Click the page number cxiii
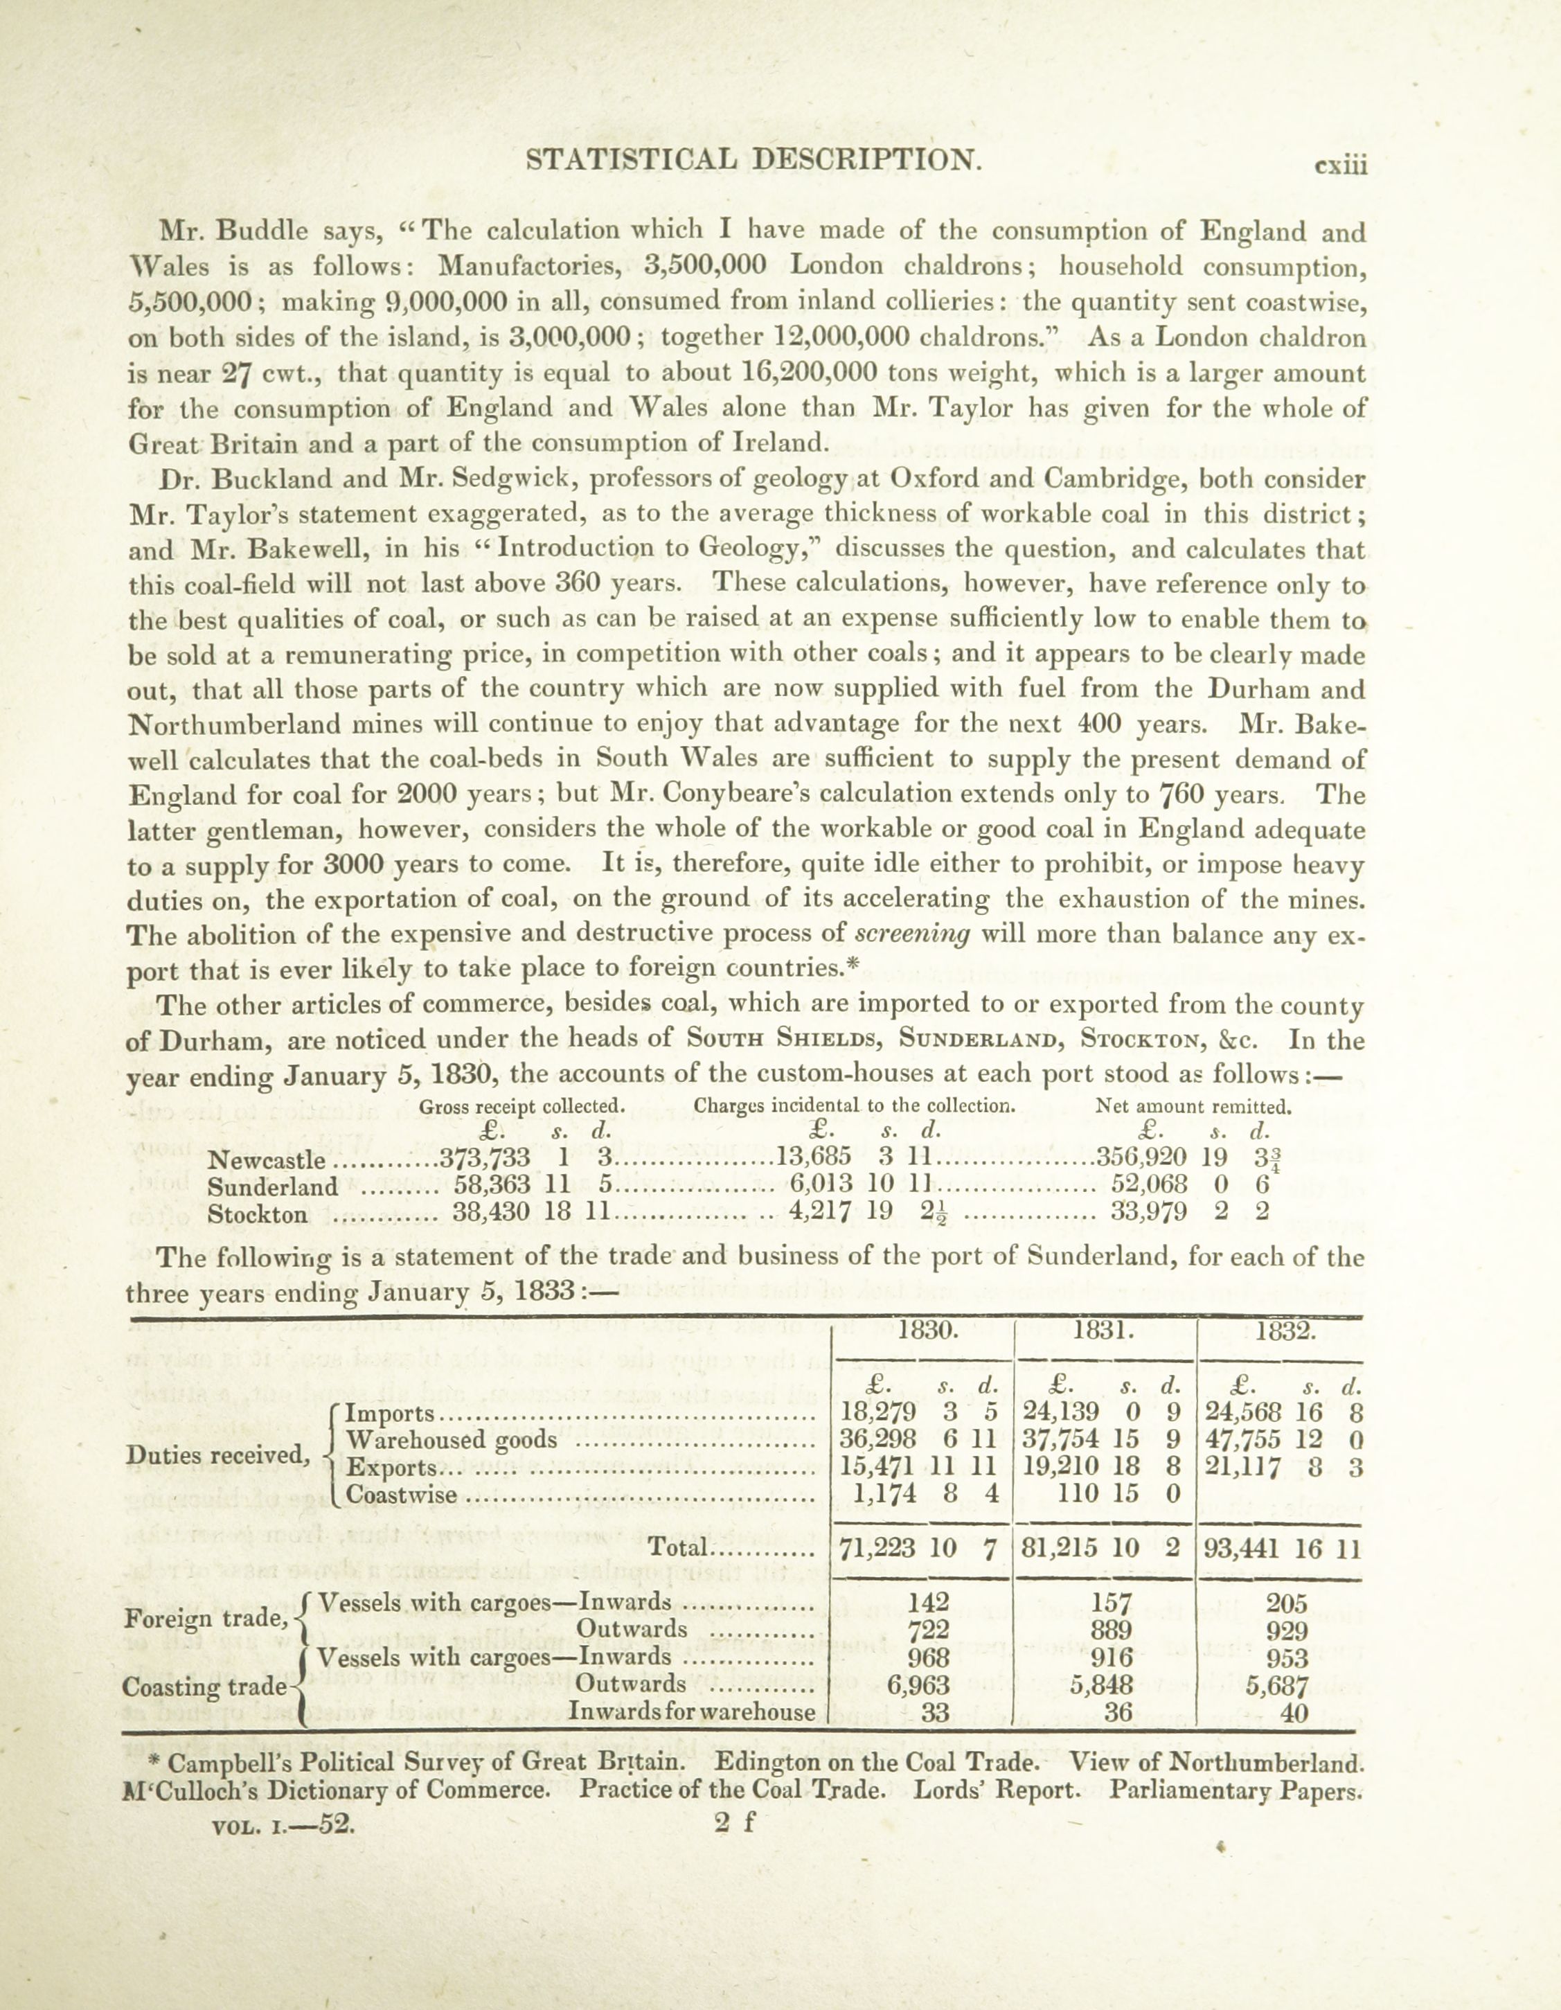coord(1341,166)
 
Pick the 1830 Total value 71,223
coord(878,1548)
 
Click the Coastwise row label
coord(401,1495)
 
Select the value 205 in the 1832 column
coord(1287,1604)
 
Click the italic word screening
coord(912,934)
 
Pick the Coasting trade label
coord(204,1687)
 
